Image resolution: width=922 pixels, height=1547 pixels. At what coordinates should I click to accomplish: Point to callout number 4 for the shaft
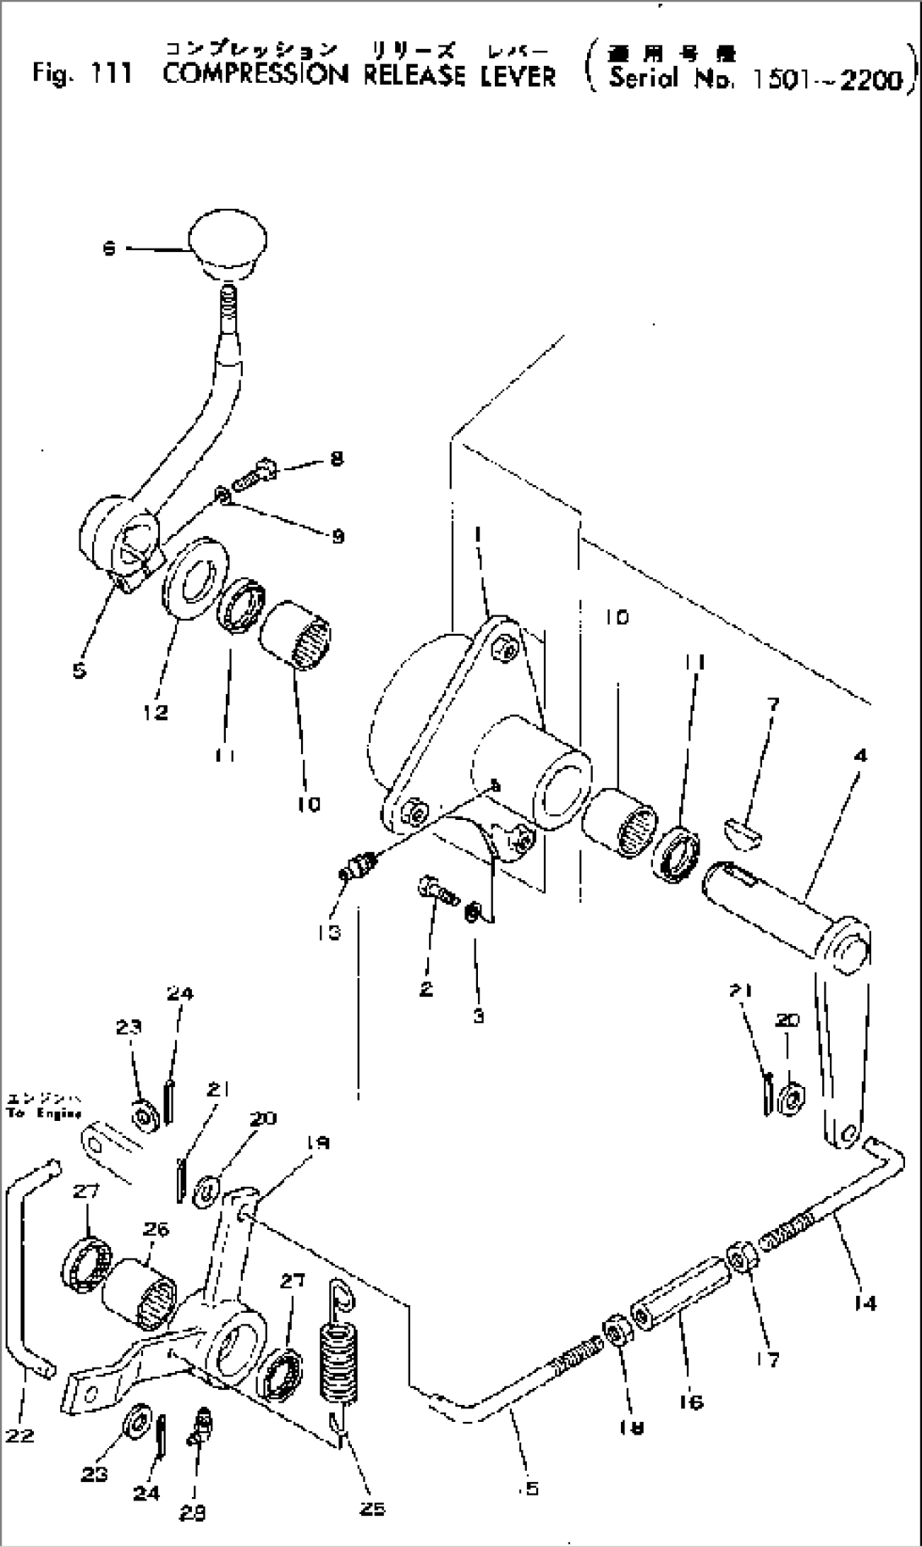859,755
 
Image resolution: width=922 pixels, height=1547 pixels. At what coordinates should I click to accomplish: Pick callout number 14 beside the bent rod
864,1303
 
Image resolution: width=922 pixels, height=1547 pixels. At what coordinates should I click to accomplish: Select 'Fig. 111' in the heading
82,74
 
